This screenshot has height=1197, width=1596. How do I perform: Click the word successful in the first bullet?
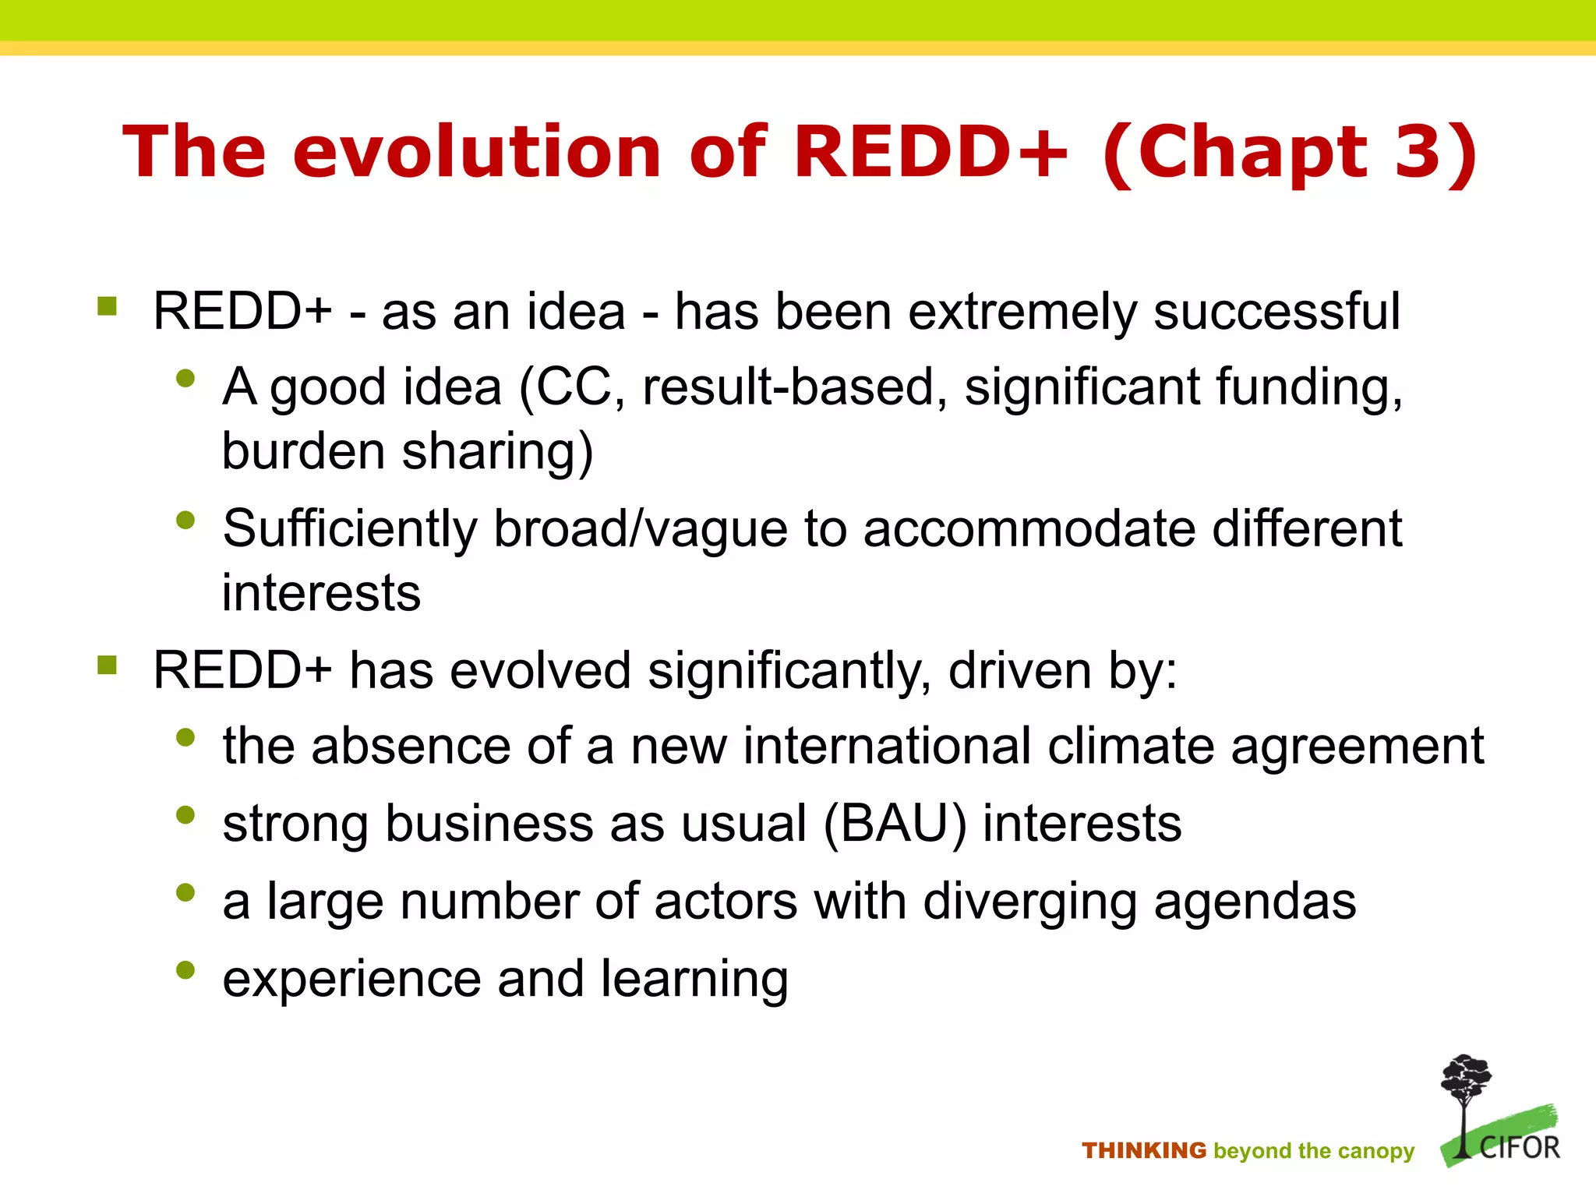click(x=1276, y=312)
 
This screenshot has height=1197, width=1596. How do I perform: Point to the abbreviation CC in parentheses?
click(x=574, y=387)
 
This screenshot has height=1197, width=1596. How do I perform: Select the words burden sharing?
click(x=407, y=452)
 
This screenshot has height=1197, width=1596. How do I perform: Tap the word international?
click(x=887, y=747)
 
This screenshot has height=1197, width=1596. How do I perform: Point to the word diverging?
click(x=1029, y=903)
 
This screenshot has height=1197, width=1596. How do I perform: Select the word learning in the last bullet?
click(x=694, y=980)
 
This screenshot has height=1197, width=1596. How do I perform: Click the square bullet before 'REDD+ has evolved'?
click(x=108, y=666)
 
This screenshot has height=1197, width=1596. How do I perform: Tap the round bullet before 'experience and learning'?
click(x=185, y=970)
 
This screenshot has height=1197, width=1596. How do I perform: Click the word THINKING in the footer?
click(x=1143, y=1151)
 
